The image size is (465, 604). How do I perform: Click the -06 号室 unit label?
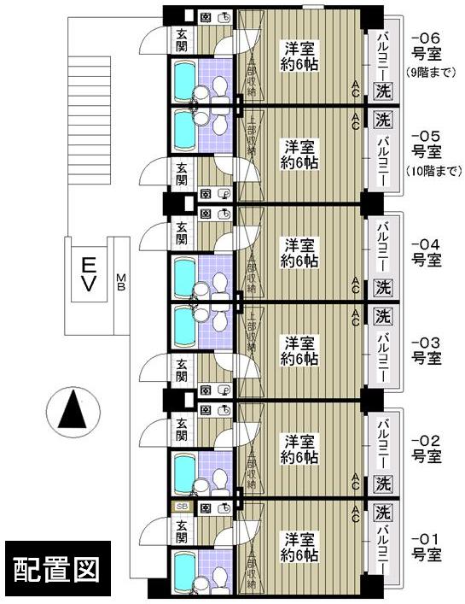tap(426, 46)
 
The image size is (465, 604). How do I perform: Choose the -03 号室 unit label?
tap(426, 349)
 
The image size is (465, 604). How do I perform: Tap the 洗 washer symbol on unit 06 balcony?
tap(383, 89)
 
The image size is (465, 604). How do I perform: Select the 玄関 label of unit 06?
tap(183, 40)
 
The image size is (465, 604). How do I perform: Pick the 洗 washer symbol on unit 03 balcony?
tap(383, 317)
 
